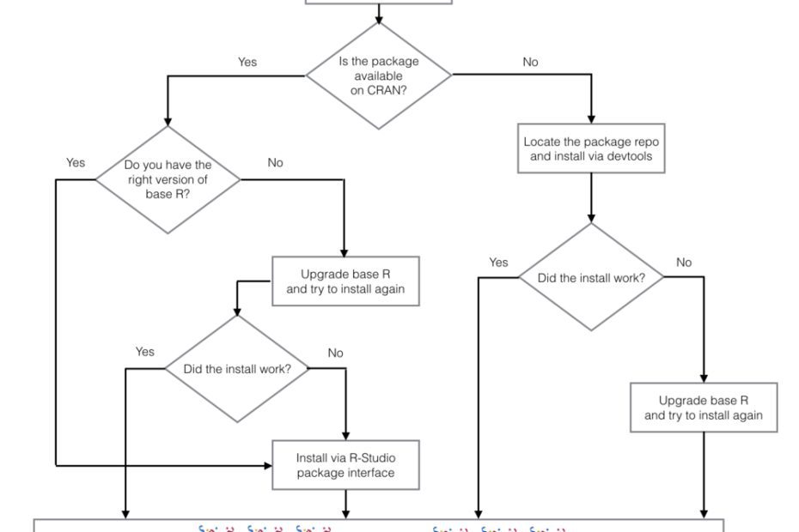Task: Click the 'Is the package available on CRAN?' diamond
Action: tap(379, 76)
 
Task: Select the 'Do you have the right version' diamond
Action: tap(168, 179)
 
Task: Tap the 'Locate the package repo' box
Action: tap(592, 148)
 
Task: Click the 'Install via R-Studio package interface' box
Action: tap(346, 465)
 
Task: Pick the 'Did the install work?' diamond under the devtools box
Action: tap(591, 277)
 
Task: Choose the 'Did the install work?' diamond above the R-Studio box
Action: tap(237, 369)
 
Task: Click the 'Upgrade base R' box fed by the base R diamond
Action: tap(346, 281)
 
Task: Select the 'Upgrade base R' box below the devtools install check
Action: tap(704, 408)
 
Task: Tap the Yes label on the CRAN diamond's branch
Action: tap(247, 62)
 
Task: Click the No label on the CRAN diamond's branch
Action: tap(530, 62)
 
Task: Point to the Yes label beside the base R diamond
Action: tap(76, 162)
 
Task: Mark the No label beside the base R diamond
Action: tap(275, 162)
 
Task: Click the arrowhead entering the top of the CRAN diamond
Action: tap(379, 17)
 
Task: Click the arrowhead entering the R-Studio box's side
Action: tap(266, 465)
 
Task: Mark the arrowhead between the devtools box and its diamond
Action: tap(591, 218)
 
